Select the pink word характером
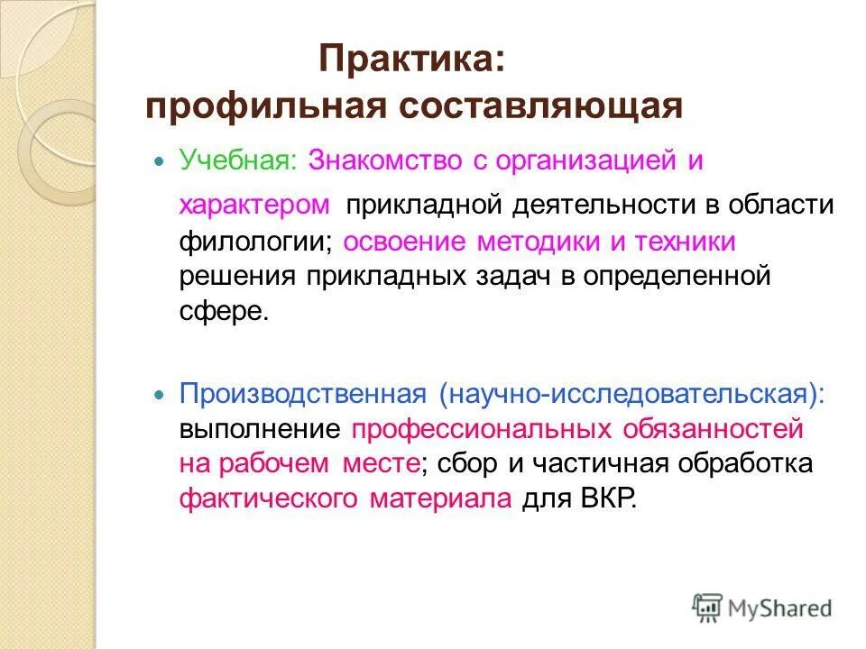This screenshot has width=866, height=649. (x=254, y=205)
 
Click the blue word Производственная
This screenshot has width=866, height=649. (x=301, y=394)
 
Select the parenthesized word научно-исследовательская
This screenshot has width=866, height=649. (x=631, y=394)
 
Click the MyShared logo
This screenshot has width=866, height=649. (x=762, y=608)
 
